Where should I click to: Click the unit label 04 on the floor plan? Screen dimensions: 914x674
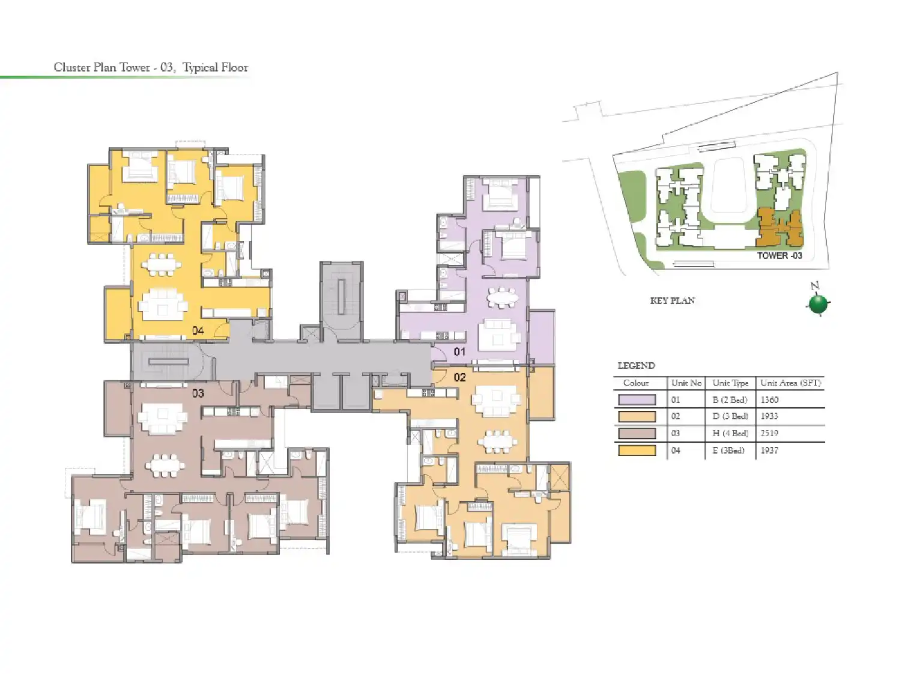[x=198, y=330]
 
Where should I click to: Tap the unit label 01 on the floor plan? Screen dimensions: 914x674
[x=459, y=351]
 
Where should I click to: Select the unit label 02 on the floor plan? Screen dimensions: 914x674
[x=460, y=377]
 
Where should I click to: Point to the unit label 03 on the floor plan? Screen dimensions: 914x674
[x=198, y=393]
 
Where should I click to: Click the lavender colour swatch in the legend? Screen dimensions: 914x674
[x=637, y=399]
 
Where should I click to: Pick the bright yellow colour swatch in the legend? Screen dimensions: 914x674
[x=637, y=451]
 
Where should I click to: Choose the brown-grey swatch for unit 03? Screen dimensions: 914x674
[x=637, y=433]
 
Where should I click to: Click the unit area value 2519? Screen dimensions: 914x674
[x=769, y=433]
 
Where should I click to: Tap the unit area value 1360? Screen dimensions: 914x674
[x=769, y=399]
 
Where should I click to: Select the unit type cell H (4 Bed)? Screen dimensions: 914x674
[x=730, y=433]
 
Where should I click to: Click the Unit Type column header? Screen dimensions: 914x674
[x=730, y=383]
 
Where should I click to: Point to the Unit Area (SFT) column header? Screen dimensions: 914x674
[x=790, y=383]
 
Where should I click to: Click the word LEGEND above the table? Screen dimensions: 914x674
[x=636, y=365]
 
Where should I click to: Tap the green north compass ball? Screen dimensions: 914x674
[x=818, y=304]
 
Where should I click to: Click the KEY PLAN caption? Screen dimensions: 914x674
[x=673, y=300]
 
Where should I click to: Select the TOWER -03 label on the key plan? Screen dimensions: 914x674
[x=779, y=255]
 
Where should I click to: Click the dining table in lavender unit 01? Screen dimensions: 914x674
[x=502, y=297]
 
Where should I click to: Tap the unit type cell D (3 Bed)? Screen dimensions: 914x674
[x=730, y=416]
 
